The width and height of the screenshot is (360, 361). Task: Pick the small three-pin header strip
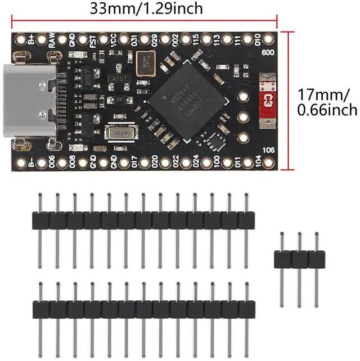(299, 259)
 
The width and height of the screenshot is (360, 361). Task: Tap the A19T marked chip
(119, 79)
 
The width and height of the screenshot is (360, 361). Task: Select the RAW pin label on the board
(52, 40)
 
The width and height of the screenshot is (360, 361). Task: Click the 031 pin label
(134, 40)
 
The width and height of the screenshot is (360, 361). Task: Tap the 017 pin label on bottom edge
(134, 163)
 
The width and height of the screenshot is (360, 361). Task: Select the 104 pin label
(258, 163)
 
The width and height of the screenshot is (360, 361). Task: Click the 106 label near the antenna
(268, 150)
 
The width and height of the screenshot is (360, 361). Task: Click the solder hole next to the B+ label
(21, 40)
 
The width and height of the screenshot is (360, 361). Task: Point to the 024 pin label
(196, 163)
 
